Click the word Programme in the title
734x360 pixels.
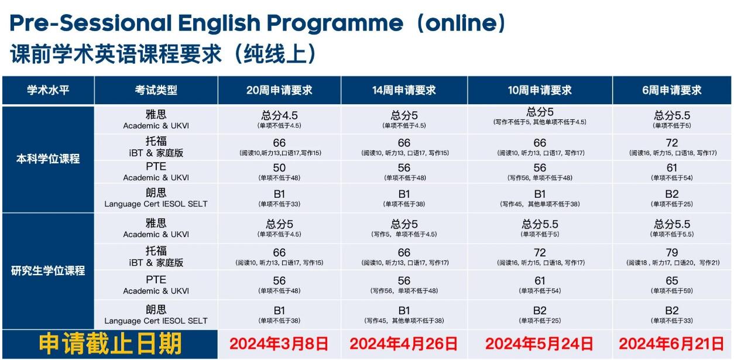coord(335,23)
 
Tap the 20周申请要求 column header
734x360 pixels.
coord(279,90)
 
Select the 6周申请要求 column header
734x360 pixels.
coord(672,90)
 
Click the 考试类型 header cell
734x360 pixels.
coord(156,90)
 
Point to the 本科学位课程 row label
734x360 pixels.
coord(48,159)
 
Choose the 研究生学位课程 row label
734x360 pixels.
coord(48,270)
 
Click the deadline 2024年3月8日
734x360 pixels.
coord(279,344)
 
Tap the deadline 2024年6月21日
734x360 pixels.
coord(671,344)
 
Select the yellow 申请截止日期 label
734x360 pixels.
coord(110,344)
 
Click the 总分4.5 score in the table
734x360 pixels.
coord(279,115)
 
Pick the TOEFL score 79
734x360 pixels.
coord(672,252)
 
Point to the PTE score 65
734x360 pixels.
coord(672,281)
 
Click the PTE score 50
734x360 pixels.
coord(279,168)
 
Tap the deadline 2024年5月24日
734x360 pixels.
coord(539,344)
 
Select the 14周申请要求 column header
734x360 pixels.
coord(404,90)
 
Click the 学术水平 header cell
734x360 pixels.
coord(48,90)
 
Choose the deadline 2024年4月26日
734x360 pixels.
coord(404,344)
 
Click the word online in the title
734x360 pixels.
coord(461,23)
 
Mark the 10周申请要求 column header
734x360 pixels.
coord(540,90)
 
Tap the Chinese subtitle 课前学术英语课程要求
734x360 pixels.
coord(116,54)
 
